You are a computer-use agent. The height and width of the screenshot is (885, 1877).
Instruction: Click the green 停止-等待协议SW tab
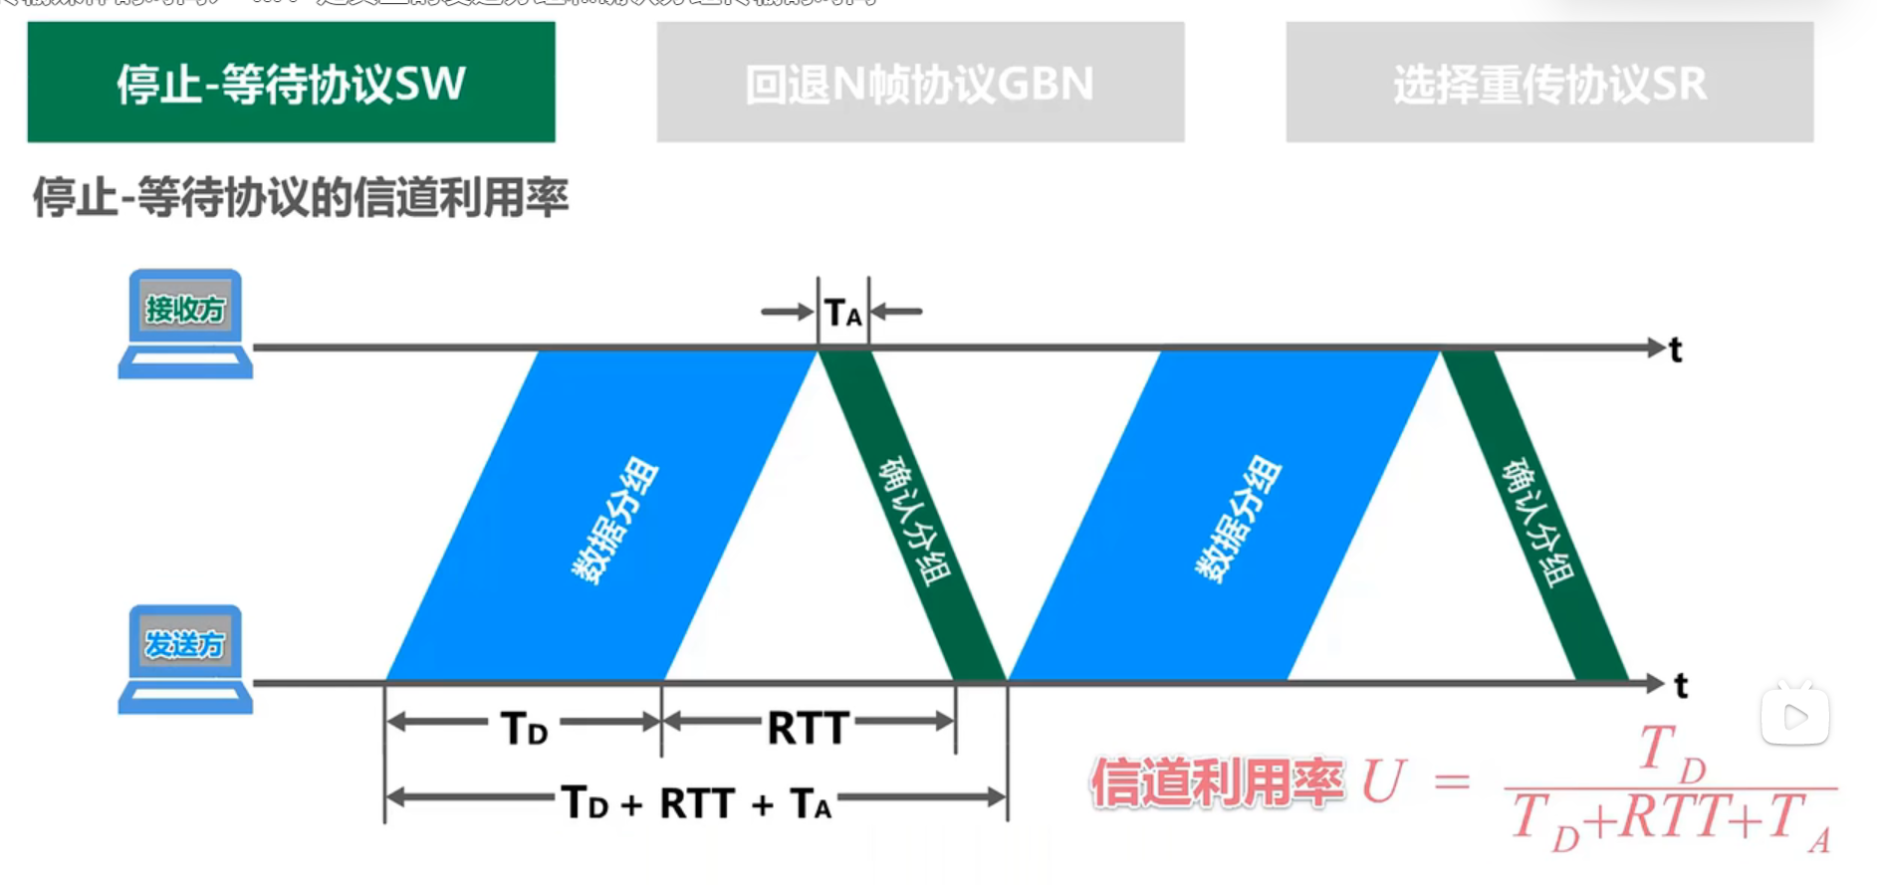click(291, 83)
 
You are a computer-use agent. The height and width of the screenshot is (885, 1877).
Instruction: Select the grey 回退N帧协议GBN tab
click(920, 83)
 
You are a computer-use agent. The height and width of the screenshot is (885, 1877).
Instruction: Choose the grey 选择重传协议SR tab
click(1549, 83)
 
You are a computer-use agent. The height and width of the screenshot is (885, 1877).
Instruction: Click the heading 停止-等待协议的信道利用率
click(301, 197)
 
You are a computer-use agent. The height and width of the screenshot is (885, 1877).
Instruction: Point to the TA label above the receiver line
click(843, 314)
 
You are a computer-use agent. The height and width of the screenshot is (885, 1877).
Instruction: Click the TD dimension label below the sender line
click(524, 728)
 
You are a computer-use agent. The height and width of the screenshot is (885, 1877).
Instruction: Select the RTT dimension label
click(808, 728)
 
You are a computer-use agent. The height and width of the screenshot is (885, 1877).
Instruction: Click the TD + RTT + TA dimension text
click(696, 802)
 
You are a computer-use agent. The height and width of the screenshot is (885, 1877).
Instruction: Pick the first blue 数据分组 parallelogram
click(602, 515)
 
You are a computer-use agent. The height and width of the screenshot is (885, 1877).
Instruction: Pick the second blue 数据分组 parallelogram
click(1225, 515)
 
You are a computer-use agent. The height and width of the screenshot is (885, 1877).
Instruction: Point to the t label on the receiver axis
click(1676, 350)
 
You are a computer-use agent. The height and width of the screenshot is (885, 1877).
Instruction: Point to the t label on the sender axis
click(1681, 686)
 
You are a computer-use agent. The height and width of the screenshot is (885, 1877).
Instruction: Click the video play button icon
click(1795, 716)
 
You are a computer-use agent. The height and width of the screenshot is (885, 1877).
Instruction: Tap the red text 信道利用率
click(1217, 782)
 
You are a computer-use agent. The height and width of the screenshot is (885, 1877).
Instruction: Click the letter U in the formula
click(1382, 782)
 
